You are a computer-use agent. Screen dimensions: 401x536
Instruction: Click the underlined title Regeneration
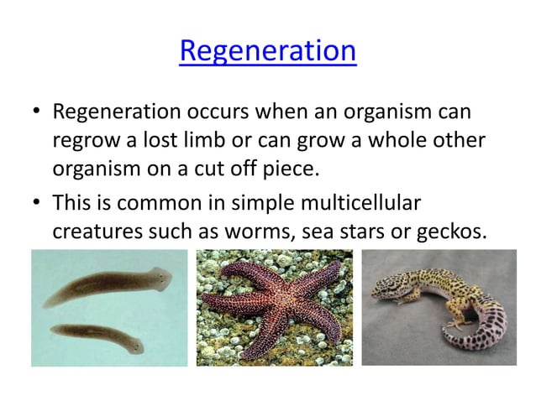click(x=268, y=54)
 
